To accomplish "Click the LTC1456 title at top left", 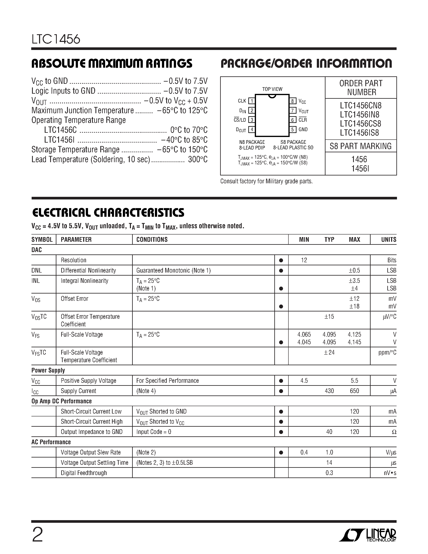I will pos(56,39).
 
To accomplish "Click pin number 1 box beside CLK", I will pos(252,101).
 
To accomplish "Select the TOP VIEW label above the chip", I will pos(272,89).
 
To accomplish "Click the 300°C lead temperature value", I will pos(198,160).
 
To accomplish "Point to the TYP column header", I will pos(329,240).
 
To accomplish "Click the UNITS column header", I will pos(389,240).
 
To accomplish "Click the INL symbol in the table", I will pos(36,281).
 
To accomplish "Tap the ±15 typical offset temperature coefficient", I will pos(329,316).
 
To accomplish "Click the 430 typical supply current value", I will pos(329,391).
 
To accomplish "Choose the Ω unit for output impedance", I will pos(394,432).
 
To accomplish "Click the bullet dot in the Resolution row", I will pos(281,260).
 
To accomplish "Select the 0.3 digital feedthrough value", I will pos(329,473).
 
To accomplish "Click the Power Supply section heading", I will pos(48,370).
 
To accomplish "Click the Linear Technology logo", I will pos(368,535).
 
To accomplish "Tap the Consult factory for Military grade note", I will pos(266,181).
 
